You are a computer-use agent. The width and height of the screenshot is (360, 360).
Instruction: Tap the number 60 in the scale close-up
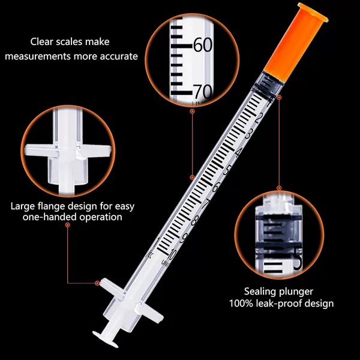coord(203,45)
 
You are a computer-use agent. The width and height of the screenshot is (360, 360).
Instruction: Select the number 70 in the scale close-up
coord(203,92)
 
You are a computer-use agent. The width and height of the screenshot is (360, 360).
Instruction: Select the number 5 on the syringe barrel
coord(227,171)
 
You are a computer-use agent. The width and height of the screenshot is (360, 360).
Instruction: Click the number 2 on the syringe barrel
coord(258,119)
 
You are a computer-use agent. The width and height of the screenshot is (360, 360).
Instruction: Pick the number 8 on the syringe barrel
coord(194,221)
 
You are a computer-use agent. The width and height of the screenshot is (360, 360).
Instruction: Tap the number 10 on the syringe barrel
coord(172,254)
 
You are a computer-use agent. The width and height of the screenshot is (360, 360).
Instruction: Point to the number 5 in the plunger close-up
coord(298,262)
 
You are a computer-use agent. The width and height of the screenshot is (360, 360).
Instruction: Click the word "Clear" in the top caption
coord(41,42)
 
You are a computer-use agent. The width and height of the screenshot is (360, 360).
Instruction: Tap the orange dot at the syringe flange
coord(97,283)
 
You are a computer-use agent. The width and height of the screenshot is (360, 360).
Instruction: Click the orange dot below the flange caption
coord(67,225)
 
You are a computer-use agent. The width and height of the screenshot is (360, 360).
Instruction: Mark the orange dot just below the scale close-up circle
coord(193,112)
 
